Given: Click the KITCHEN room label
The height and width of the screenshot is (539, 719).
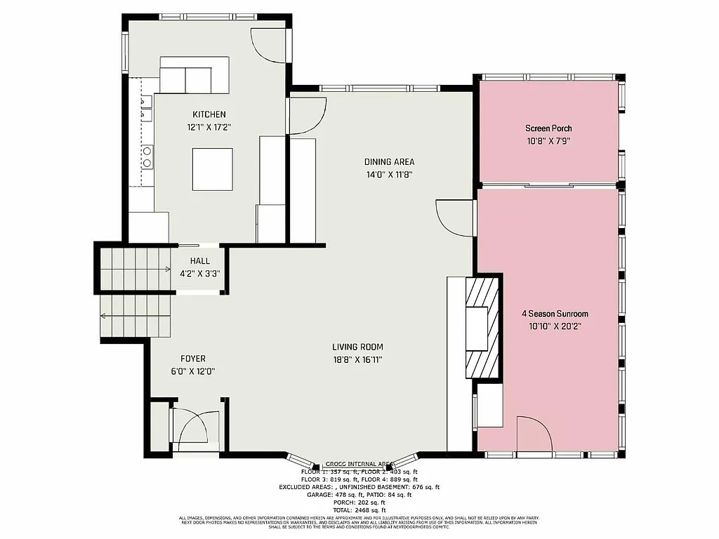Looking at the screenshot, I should [x=209, y=114].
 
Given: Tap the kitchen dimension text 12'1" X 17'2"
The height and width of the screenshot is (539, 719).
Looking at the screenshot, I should [x=209, y=128].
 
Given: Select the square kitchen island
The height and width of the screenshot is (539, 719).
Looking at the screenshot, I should [x=213, y=169].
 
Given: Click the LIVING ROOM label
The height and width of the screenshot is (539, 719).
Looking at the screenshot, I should [x=358, y=347].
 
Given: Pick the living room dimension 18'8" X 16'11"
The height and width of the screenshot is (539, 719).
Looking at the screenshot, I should [x=358, y=359].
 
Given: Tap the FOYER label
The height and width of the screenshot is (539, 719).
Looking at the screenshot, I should [x=193, y=359].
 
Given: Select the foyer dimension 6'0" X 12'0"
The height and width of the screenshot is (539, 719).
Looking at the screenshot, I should [x=193, y=371].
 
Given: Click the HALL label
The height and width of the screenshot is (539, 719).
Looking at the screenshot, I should [x=199, y=261].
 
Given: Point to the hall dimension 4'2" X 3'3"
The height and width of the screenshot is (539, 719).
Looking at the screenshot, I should [x=199, y=274].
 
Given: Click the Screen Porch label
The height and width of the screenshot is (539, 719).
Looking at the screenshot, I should [x=548, y=128].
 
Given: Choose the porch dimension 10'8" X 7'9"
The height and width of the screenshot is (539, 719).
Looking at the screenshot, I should [x=548, y=141].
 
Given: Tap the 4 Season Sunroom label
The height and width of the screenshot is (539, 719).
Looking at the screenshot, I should [x=555, y=314].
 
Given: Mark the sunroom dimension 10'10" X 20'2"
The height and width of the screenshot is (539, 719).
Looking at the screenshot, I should [x=555, y=326].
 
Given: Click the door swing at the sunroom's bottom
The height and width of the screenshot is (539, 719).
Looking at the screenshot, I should [x=534, y=434].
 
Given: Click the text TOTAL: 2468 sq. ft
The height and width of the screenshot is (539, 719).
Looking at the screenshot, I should [x=359, y=510].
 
